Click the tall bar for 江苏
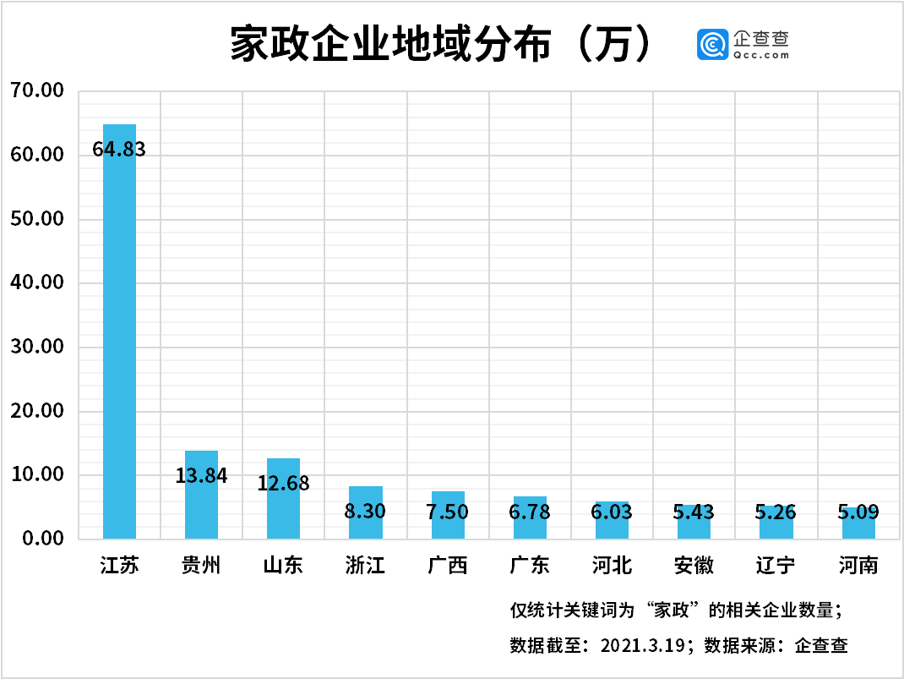(x=119, y=338)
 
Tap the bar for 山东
(x=283, y=507)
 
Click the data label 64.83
(x=119, y=150)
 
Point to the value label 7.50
(x=448, y=512)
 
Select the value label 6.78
(x=530, y=512)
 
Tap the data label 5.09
(x=858, y=512)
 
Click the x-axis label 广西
(x=448, y=566)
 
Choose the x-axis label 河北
(x=612, y=566)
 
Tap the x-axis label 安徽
(x=694, y=566)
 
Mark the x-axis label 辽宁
(x=776, y=566)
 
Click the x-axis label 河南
(x=858, y=566)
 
